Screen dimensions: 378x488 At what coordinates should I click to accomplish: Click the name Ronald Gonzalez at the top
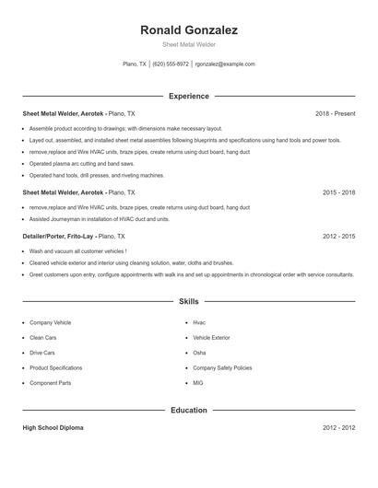click(188, 30)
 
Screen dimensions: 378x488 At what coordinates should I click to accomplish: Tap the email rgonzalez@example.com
click(225, 64)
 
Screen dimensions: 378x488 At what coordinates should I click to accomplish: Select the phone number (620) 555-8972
click(171, 64)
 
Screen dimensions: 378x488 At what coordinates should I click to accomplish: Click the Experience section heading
click(188, 96)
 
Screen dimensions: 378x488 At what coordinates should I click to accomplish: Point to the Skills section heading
click(188, 301)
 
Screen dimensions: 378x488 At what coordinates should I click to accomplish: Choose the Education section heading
click(188, 410)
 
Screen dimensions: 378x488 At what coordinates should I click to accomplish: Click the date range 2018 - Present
click(335, 113)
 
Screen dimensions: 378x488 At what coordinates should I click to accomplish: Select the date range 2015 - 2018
click(338, 193)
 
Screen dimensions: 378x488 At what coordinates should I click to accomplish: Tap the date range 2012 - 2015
click(338, 237)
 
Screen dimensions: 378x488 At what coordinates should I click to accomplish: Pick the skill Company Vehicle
click(50, 323)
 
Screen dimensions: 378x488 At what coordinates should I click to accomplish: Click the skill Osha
click(199, 353)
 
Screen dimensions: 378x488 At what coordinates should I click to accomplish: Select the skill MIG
click(198, 383)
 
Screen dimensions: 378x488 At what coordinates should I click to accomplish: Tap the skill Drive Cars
click(42, 353)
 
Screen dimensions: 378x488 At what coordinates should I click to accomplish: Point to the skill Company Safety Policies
click(222, 367)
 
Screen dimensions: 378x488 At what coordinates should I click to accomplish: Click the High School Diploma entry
click(54, 428)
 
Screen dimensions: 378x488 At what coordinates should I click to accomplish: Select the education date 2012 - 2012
click(338, 428)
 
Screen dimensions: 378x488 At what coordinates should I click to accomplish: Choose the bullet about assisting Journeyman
click(99, 220)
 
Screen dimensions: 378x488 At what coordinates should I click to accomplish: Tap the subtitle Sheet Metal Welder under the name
click(188, 44)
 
